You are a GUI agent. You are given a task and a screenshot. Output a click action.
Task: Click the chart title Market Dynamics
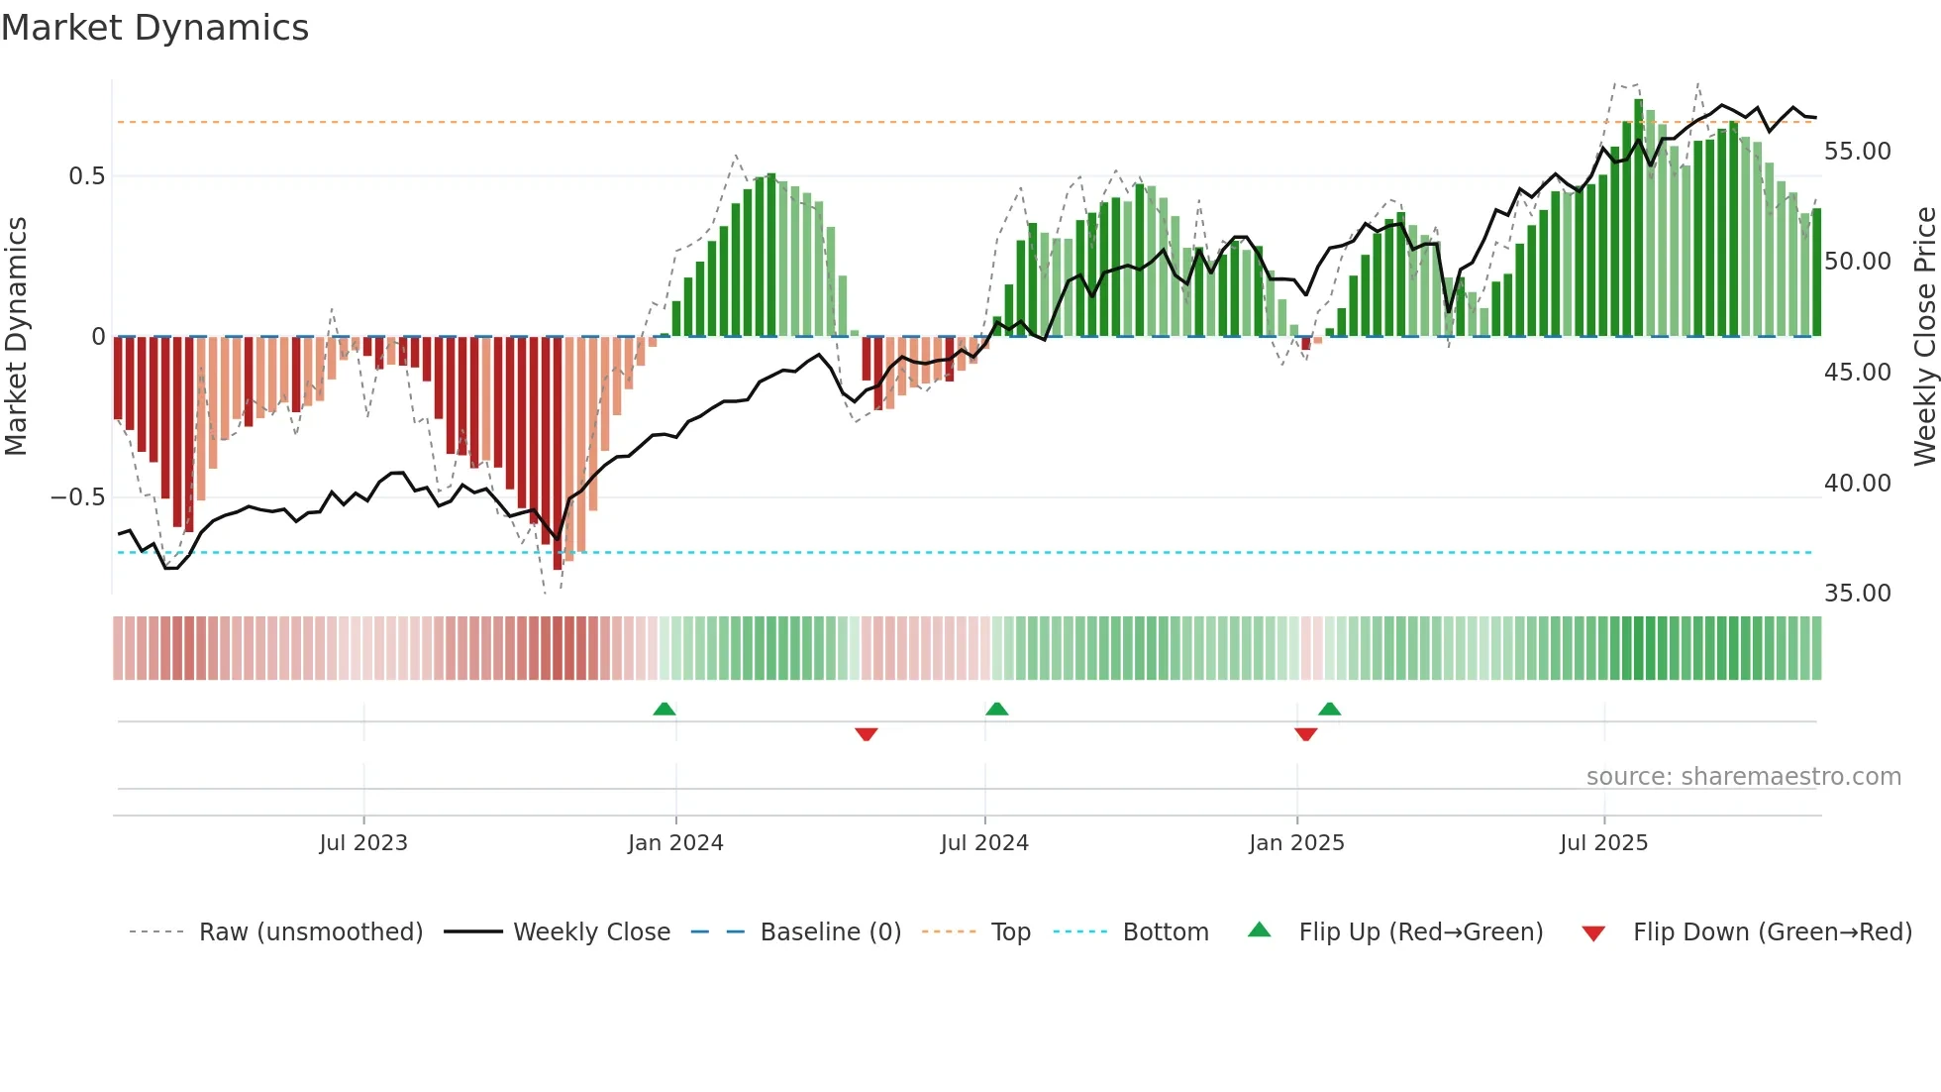pos(154,28)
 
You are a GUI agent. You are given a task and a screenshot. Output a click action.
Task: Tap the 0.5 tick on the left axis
pos(86,176)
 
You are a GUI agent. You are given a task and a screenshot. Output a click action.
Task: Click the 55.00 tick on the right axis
pos(1857,152)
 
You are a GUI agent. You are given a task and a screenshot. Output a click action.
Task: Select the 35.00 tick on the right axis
pos(1857,594)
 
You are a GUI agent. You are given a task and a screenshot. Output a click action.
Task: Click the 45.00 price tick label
pos(1857,373)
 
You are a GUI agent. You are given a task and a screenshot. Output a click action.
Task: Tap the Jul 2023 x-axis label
pos(363,843)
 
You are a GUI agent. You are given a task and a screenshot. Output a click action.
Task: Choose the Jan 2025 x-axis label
pos(1296,843)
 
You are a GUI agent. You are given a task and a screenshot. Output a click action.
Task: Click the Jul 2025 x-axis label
pos(1603,843)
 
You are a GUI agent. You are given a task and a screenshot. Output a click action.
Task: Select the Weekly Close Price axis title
pos(1923,337)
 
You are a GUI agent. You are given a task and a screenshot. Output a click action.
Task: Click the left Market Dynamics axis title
pos(17,337)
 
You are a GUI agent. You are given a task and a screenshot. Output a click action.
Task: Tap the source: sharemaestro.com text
pos(1743,777)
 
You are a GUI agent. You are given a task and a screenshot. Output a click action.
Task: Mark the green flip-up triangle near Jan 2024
pos(664,710)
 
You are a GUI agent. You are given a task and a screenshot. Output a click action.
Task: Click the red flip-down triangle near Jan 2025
pos(1305,734)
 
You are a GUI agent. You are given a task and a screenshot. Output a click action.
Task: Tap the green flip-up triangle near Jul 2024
pos(997,710)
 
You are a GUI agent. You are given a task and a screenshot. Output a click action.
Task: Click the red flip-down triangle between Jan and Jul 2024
pos(867,734)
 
